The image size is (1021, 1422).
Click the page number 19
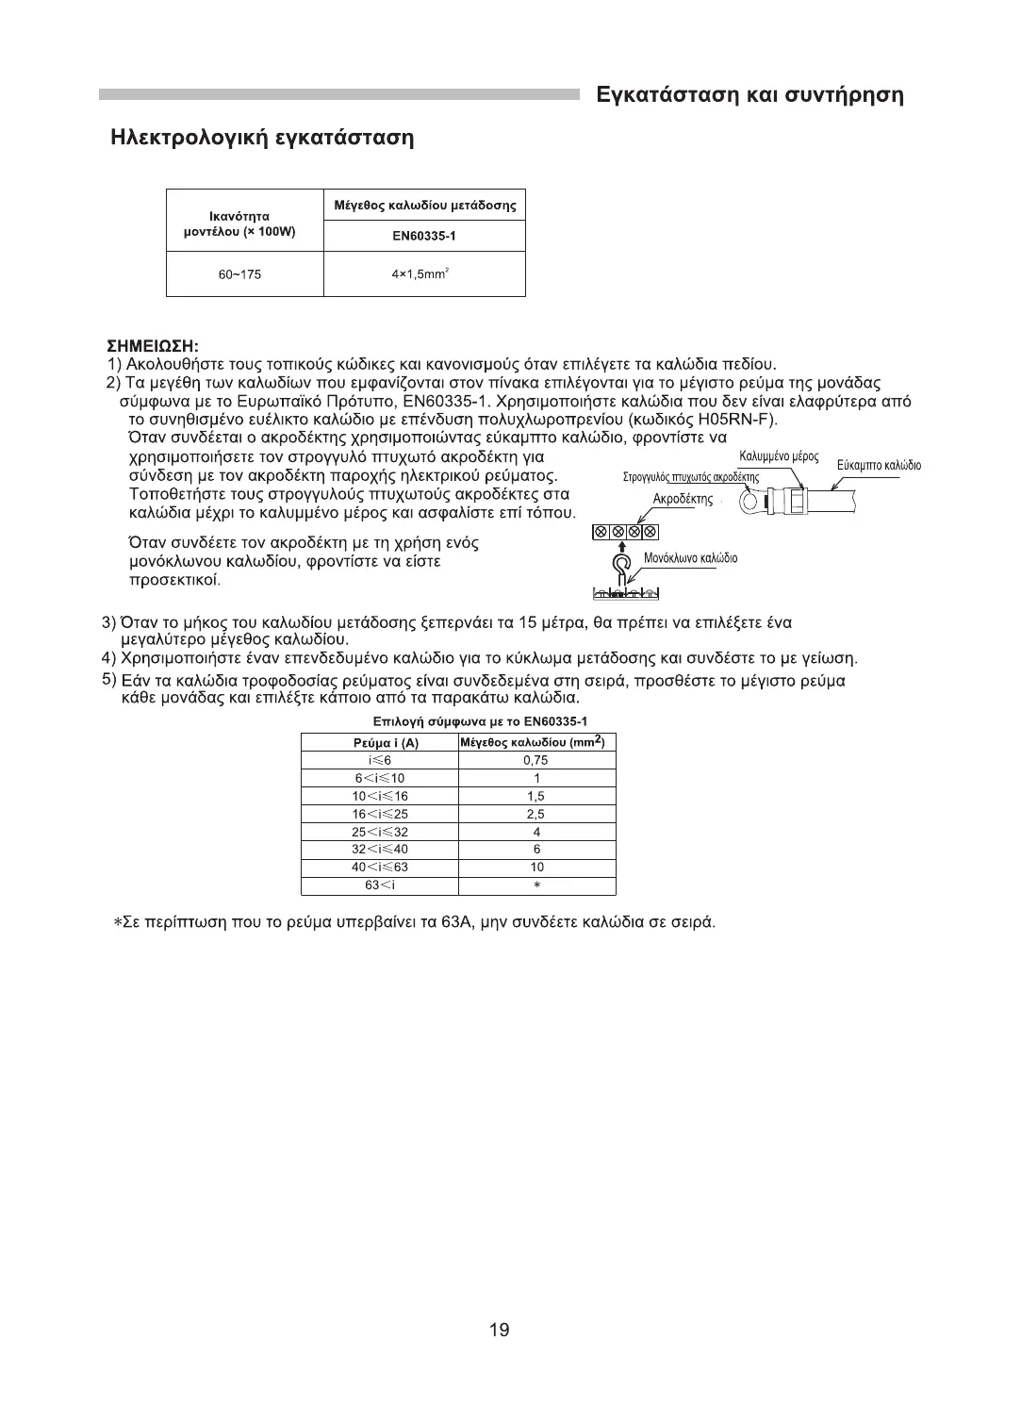tap(500, 1331)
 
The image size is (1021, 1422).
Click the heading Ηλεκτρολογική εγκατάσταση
tap(262, 138)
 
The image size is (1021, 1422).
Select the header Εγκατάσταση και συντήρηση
tap(750, 94)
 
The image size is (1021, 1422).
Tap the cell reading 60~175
tap(240, 274)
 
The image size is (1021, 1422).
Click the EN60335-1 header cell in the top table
tap(424, 236)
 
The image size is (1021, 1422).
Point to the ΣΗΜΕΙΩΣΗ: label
tap(153, 347)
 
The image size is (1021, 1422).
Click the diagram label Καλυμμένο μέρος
tap(778, 457)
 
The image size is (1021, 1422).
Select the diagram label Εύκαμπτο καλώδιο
tap(879, 466)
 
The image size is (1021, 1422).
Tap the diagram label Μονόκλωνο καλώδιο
tap(690, 558)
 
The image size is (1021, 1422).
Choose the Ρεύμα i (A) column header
tap(379, 743)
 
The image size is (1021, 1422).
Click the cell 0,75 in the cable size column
tap(535, 760)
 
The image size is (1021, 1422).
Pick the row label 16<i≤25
tap(379, 814)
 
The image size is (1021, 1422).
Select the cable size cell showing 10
tap(536, 867)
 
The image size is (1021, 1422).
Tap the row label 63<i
tap(379, 885)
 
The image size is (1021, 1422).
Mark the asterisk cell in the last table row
tap(536, 885)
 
